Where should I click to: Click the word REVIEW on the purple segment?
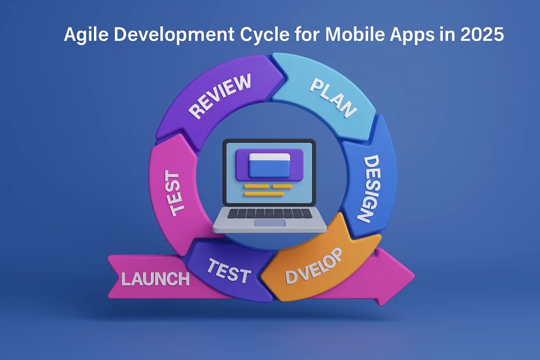click(220, 96)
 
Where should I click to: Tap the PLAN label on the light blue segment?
click(333, 98)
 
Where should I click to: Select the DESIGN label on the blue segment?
click(369, 188)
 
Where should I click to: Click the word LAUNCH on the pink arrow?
click(156, 278)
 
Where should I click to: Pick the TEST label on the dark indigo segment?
click(228, 271)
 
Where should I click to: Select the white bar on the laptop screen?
click(269, 157)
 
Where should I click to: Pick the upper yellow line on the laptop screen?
click(268, 186)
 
